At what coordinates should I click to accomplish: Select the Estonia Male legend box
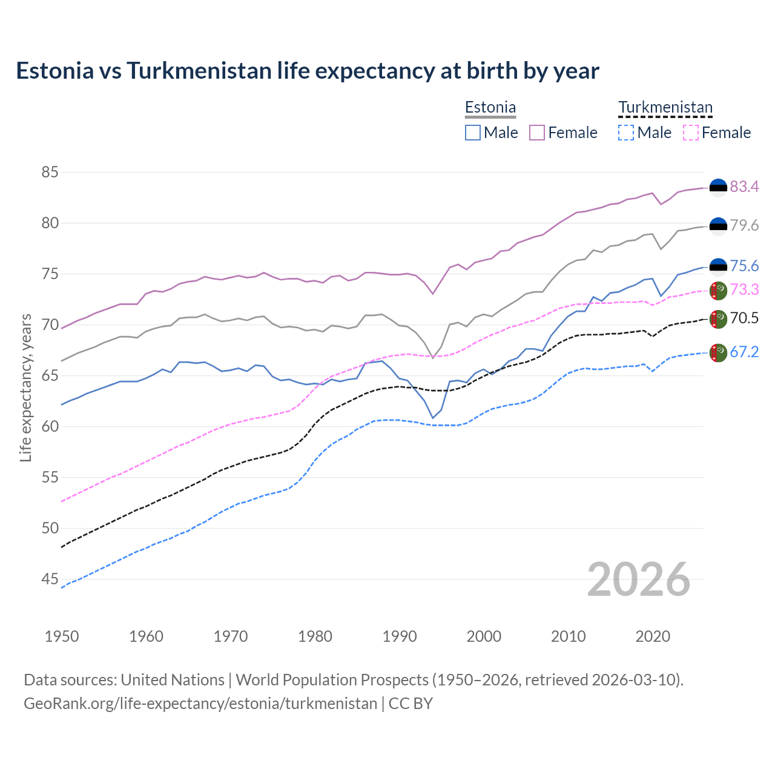coord(473,133)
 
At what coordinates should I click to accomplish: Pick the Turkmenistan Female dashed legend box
coord(690,133)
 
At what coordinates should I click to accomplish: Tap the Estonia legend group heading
coord(490,108)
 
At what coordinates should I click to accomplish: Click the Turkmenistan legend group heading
coord(665,108)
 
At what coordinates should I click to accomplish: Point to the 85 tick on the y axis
coord(50,173)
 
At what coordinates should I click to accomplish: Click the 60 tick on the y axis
coord(50,427)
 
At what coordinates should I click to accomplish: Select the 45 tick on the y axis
coord(50,579)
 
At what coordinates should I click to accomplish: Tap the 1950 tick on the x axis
coord(62,636)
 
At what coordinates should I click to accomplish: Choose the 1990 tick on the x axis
coord(400,636)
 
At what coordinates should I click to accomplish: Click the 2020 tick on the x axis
coord(653,636)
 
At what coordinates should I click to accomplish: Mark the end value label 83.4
coord(744,187)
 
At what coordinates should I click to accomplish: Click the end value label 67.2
coord(744,352)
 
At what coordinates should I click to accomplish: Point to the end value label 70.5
coord(744,318)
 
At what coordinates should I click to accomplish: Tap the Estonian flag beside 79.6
coord(718,226)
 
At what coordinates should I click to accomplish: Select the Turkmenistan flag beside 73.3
coord(718,290)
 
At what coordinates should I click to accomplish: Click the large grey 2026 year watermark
coord(639,579)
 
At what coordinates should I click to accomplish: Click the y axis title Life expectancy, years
coord(25,387)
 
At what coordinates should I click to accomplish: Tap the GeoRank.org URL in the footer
coord(200,704)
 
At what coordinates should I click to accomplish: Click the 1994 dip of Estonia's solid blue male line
coord(433,418)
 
